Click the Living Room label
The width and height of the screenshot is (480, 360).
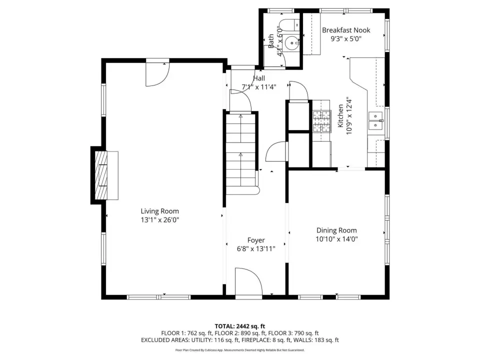coord(160,211)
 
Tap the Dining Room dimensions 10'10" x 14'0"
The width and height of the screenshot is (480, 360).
coord(336,239)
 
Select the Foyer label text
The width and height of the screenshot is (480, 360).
coord(256,240)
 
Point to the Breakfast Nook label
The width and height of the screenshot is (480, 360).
coord(346,30)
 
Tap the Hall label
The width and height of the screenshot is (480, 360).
coord(259,78)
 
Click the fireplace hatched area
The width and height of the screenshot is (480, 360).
coord(101,175)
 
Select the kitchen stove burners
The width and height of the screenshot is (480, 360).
coord(321,121)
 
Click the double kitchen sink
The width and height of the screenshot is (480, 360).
coord(375,121)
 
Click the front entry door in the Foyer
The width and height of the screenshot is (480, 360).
coord(248,281)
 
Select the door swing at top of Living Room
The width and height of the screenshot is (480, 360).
coord(157,74)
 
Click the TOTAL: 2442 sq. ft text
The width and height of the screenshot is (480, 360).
coord(239,326)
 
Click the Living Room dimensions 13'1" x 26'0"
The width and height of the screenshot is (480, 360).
coord(160,219)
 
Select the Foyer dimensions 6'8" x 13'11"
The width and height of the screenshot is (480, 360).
coord(256,249)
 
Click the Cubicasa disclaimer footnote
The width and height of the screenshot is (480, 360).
coord(239,350)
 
